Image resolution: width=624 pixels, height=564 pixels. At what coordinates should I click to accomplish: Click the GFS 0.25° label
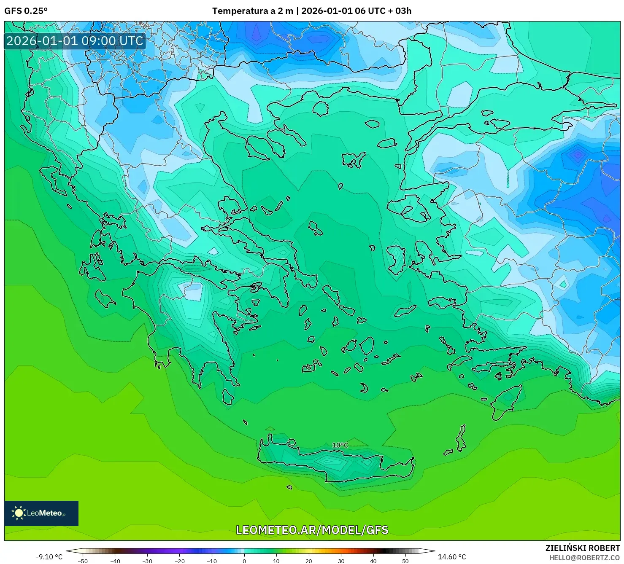26,11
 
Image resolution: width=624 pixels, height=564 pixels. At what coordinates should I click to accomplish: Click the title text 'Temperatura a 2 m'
252,11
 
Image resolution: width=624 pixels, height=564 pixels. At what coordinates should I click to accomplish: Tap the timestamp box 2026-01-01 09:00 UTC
75,41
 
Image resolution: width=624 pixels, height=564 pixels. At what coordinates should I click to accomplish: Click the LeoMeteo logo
41,513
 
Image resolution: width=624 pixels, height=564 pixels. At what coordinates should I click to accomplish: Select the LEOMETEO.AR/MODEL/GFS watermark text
312,530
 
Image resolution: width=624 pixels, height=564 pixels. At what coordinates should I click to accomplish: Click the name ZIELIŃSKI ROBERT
582,548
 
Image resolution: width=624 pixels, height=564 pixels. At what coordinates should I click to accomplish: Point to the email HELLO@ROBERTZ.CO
584,558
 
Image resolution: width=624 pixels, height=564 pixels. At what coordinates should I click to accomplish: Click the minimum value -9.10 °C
49,557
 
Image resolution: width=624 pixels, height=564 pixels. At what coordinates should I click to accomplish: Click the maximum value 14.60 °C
451,557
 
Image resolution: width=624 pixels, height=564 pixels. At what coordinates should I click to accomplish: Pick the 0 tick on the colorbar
244,561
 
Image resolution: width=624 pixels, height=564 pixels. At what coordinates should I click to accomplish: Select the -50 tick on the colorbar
83,561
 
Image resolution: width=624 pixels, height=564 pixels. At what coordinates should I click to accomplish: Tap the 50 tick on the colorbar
405,561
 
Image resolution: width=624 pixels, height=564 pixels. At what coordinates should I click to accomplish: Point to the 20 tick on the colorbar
308,561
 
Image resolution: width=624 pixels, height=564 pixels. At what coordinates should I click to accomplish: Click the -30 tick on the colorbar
147,561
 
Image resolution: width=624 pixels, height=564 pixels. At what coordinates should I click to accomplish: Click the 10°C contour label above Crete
340,445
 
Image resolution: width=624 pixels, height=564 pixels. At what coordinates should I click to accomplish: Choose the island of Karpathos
461,438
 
